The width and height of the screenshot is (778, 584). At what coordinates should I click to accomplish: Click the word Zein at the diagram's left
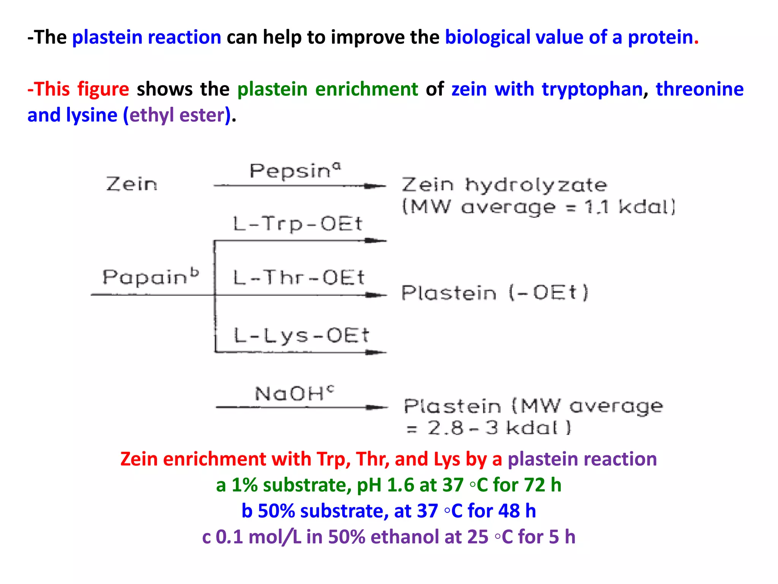point(131,184)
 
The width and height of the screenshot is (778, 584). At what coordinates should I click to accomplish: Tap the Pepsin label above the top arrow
point(291,171)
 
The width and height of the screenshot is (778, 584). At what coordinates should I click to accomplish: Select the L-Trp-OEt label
point(298,224)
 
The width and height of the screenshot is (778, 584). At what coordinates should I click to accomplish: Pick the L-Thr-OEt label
point(299,277)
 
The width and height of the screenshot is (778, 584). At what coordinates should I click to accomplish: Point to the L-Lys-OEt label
point(301,335)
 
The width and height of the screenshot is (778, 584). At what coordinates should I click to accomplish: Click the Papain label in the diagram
point(146,277)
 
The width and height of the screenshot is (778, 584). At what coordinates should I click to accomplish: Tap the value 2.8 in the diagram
point(446,428)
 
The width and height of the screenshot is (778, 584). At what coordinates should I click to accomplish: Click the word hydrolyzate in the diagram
point(536,186)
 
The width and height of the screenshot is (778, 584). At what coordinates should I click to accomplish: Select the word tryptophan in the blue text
point(592,89)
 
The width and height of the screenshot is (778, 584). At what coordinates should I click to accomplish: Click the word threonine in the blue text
point(699,89)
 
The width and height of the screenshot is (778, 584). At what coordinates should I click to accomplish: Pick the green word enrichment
point(367,89)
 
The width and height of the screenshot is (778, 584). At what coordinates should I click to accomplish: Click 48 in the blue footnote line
point(509,511)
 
